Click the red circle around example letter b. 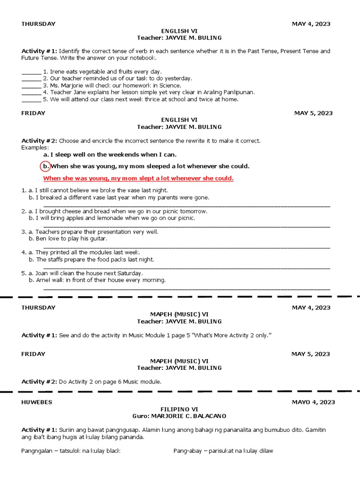tap(45, 166)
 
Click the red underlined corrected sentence tap(138, 179)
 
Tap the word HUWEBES tap(37, 402)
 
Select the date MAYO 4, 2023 tap(313, 402)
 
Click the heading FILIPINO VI tap(180, 409)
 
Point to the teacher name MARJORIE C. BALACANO tap(193, 416)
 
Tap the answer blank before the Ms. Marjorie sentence tap(31, 86)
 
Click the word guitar tap(97, 239)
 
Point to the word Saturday tap(129, 273)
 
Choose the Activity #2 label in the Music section tap(39, 382)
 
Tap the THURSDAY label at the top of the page tap(38, 24)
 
